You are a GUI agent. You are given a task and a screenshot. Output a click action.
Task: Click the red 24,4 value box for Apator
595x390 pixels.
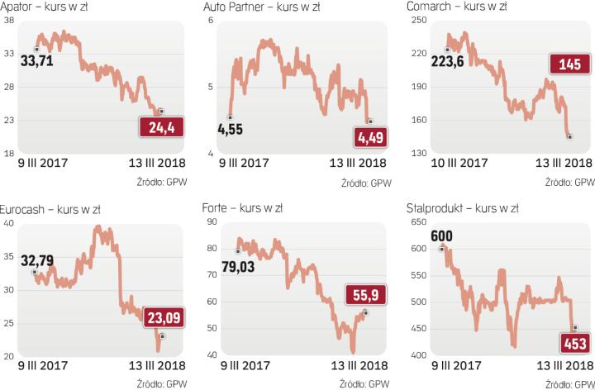click(161, 127)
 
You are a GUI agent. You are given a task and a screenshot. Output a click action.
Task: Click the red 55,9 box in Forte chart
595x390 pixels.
click(364, 293)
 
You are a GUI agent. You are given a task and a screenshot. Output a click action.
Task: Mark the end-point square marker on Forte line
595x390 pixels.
click(365, 313)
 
